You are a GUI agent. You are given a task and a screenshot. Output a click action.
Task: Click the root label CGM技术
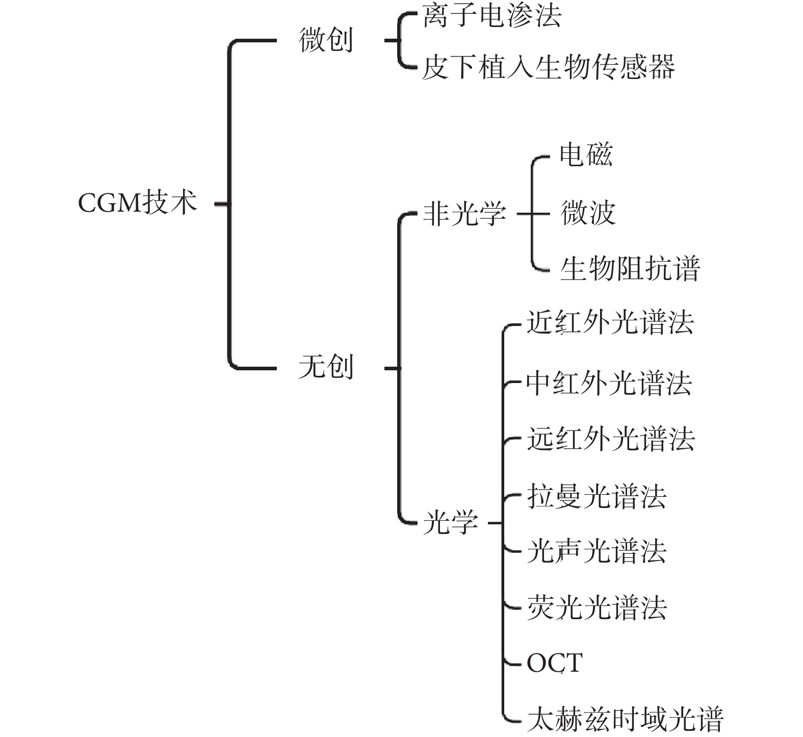pyautogui.click(x=137, y=202)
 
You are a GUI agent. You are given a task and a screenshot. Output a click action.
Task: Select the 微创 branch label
pyautogui.click(x=326, y=40)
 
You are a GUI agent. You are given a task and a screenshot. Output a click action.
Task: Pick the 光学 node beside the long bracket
pyautogui.click(x=451, y=522)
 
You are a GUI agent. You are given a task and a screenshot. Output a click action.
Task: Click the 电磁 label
pyautogui.click(x=586, y=154)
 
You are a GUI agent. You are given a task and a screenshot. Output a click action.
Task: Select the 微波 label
pyautogui.click(x=588, y=213)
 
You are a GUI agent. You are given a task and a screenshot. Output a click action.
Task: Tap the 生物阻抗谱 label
pyautogui.click(x=630, y=268)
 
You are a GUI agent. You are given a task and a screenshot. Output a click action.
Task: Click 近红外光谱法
pyautogui.click(x=610, y=322)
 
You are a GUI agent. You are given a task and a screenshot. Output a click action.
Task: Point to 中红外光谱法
pyautogui.click(x=609, y=383)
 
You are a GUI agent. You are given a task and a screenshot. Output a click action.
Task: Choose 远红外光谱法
pyautogui.click(x=611, y=439)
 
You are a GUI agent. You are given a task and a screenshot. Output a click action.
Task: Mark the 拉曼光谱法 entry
pyautogui.click(x=597, y=496)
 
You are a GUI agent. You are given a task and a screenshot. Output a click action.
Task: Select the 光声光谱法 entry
pyautogui.click(x=597, y=551)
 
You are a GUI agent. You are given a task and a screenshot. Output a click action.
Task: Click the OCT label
pyautogui.click(x=555, y=664)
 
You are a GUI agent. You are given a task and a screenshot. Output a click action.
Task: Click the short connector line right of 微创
pyautogui.click(x=392, y=40)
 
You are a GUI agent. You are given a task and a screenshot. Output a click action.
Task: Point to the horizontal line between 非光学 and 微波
pyautogui.click(x=533, y=214)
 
